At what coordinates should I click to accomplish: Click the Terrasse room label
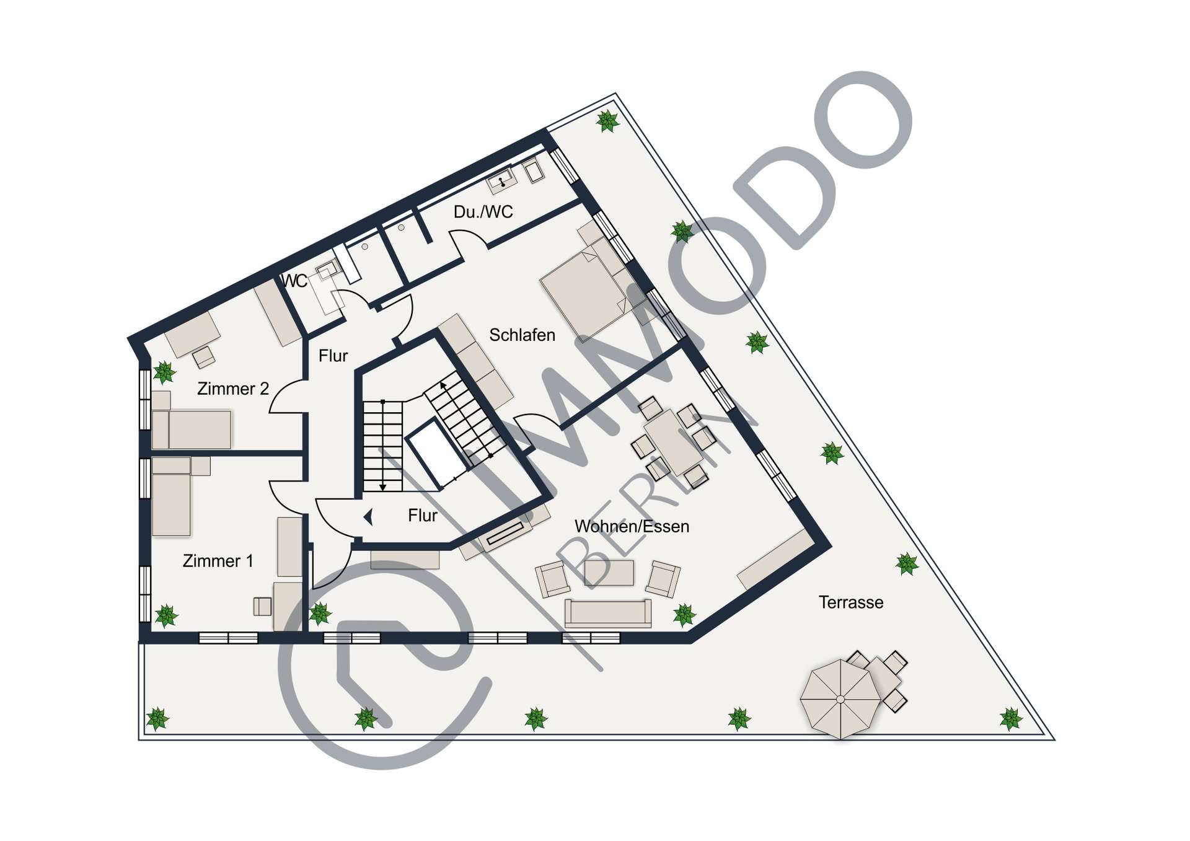[x=850, y=602]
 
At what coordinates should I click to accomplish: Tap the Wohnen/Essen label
[x=632, y=526]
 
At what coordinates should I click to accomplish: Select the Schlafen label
[x=522, y=335]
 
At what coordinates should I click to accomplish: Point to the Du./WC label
[x=483, y=212]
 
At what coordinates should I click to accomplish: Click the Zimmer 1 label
[x=218, y=561]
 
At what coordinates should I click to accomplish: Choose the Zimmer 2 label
[x=232, y=389]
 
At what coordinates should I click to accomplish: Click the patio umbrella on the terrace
[x=840, y=699]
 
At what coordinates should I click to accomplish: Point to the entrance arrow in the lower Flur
[x=368, y=516]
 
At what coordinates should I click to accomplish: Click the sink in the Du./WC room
[x=501, y=182]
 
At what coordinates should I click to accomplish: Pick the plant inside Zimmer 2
[x=164, y=372]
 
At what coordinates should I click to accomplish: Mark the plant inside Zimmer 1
[x=166, y=615]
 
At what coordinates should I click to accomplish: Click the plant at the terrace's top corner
[x=607, y=121]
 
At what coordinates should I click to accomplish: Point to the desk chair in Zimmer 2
[x=204, y=357]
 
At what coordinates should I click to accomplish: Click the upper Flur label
[x=333, y=356]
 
